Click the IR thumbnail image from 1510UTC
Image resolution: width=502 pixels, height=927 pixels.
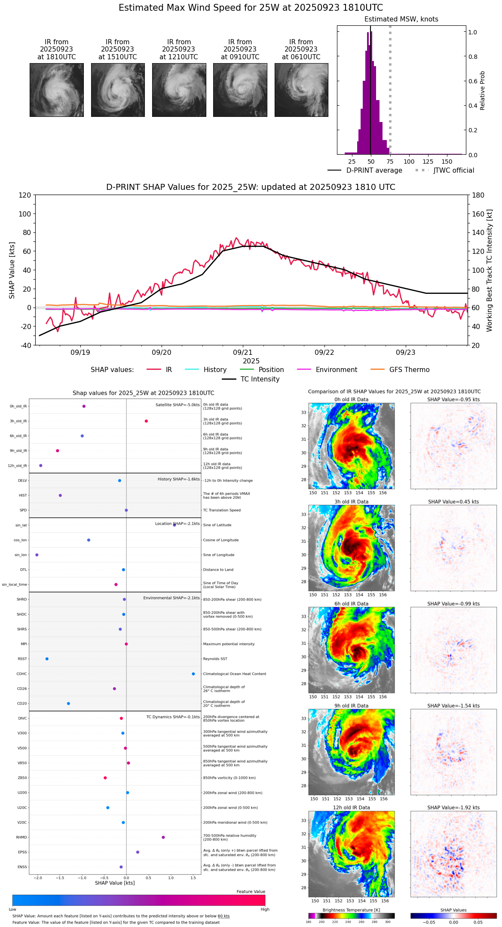coord(118,90)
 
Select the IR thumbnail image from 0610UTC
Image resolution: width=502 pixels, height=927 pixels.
coord(301,90)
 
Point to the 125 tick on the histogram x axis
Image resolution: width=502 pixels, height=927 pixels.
coord(428,162)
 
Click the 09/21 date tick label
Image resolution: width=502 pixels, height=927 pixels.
coord(243,352)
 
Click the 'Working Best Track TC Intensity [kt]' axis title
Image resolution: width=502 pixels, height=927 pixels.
coord(490,271)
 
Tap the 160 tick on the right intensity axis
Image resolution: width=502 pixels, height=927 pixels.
coord(478,214)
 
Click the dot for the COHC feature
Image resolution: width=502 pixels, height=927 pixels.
coord(193,674)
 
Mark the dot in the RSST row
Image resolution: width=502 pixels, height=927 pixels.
coord(47,659)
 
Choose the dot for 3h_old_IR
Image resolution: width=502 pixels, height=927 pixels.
coord(146,421)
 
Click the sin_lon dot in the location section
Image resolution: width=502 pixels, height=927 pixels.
coord(37,555)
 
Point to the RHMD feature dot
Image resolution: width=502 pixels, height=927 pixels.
coord(163,837)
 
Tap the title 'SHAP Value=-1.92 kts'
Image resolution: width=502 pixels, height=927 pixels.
coord(453,808)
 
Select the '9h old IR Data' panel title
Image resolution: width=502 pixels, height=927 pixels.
coord(351,706)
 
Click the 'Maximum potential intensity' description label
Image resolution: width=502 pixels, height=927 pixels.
coord(229,644)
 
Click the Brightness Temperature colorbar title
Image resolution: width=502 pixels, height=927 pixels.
coord(351,910)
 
